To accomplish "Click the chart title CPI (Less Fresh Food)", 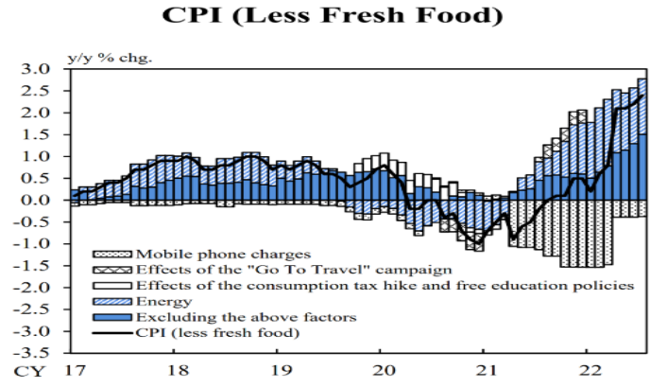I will coord(333,16).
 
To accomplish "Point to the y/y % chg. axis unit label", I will coord(109,57).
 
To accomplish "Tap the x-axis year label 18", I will coord(174,369).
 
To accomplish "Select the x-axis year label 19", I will coord(277,369).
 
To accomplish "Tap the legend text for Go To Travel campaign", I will coord(288,270).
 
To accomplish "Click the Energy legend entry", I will coord(159,301).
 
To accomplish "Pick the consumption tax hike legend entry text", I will coord(384,286).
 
